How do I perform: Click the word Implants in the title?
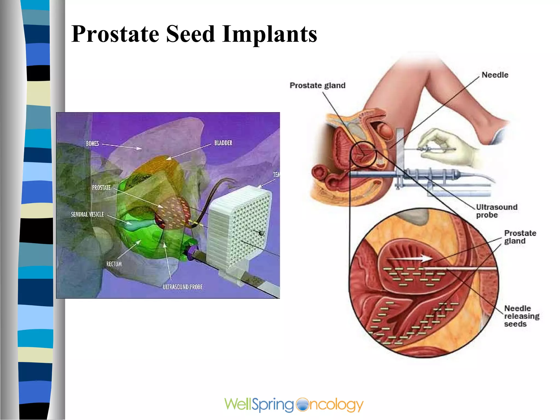pos(269,34)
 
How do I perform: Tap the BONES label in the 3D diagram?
pos(92,144)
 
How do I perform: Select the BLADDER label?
pos(223,143)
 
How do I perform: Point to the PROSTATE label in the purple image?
pos(101,188)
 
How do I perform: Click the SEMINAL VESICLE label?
pos(87,214)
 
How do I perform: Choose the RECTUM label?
pos(114,264)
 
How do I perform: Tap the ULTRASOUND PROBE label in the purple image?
pos(183,287)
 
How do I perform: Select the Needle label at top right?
pos(495,75)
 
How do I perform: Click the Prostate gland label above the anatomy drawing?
pos(317,86)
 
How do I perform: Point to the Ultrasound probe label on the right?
pos(496,211)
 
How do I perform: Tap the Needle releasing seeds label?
pos(521,316)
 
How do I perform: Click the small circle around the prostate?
pos(363,155)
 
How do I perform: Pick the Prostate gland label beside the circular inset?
pos(520,237)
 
